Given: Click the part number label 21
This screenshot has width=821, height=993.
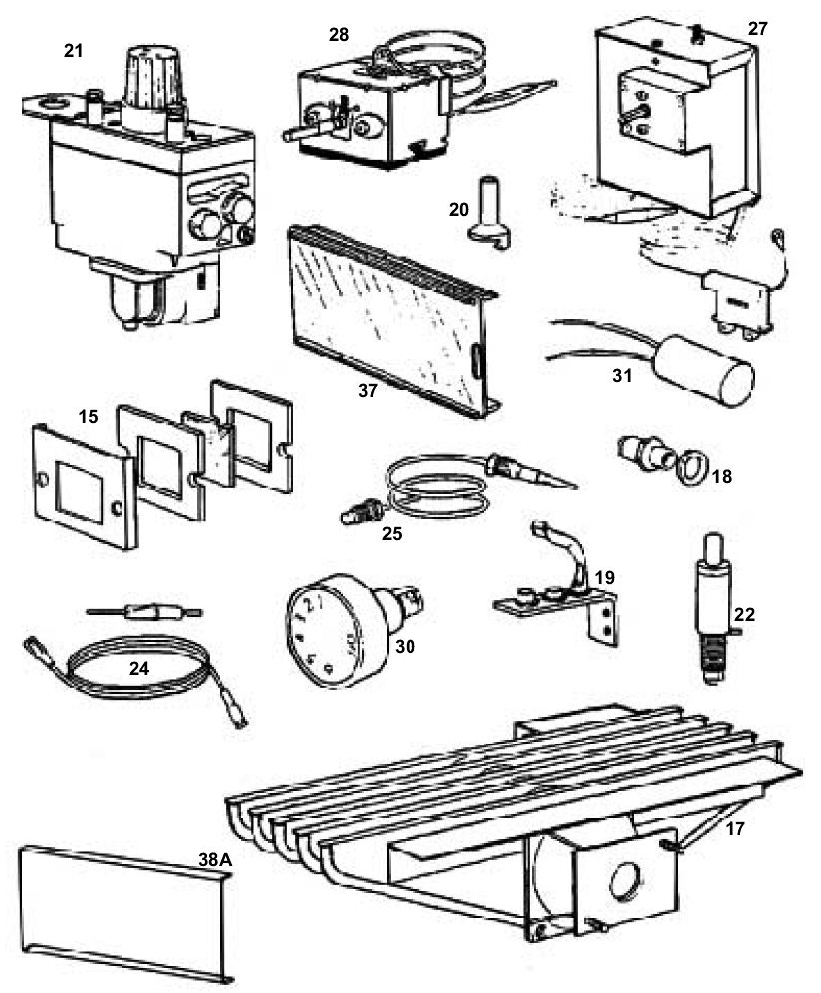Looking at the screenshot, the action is [x=74, y=51].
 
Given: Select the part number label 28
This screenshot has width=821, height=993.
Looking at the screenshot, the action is [x=338, y=35].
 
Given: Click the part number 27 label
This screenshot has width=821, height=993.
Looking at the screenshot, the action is [x=758, y=29].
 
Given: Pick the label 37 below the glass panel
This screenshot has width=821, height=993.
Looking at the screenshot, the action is [x=368, y=391].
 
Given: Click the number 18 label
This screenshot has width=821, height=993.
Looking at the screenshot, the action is [x=721, y=476].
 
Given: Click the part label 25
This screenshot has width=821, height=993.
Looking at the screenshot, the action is [x=392, y=533].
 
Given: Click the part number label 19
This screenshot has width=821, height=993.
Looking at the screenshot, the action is [x=605, y=577].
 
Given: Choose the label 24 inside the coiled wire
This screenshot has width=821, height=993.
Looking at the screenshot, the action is [x=139, y=667].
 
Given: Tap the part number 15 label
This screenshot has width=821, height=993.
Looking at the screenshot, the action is [x=88, y=417].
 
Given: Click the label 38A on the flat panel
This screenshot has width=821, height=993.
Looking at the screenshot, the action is [x=215, y=859].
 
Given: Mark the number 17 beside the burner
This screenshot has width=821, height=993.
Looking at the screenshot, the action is [x=735, y=828].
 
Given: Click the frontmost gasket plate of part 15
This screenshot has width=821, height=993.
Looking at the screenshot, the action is [x=84, y=484].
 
